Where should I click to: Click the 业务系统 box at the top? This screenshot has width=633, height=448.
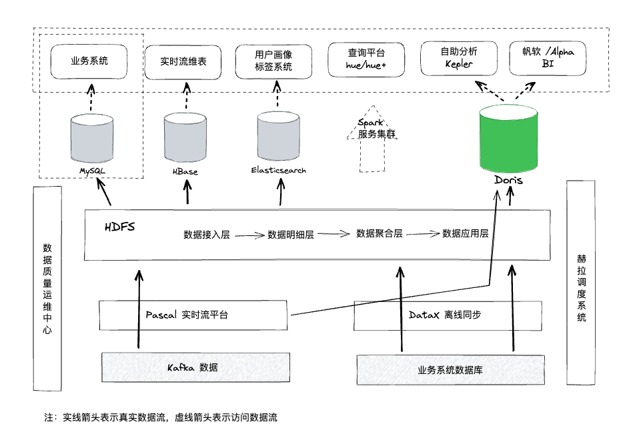pyautogui.click(x=89, y=61)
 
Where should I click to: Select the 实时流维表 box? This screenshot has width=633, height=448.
pyautogui.click(x=183, y=61)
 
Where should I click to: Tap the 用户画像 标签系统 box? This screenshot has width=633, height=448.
pyautogui.click(x=273, y=61)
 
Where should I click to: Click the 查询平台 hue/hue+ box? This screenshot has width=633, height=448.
pyautogui.click(x=366, y=59)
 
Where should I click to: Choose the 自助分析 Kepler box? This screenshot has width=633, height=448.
pyautogui.click(x=458, y=58)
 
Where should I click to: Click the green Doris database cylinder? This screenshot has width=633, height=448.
pyautogui.click(x=508, y=139)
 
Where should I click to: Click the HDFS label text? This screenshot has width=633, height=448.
pyautogui.click(x=120, y=227)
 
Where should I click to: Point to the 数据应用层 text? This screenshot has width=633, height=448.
pyautogui.click(x=466, y=234)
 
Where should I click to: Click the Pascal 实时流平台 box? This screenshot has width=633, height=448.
pyautogui.click(x=193, y=315)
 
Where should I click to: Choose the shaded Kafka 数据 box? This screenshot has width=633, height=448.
pyautogui.click(x=195, y=367)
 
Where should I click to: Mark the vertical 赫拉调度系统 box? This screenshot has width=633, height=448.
pyautogui.click(x=580, y=282)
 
